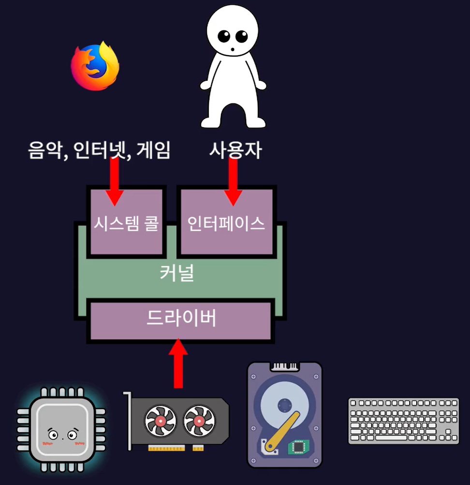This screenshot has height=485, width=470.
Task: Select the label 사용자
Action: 235,150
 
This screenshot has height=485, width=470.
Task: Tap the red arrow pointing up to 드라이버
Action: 178,363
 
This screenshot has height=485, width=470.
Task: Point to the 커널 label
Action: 176,274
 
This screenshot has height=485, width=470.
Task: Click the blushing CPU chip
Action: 61,425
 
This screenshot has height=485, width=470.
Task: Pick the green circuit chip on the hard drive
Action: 298,447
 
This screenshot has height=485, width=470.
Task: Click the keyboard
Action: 403,421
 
